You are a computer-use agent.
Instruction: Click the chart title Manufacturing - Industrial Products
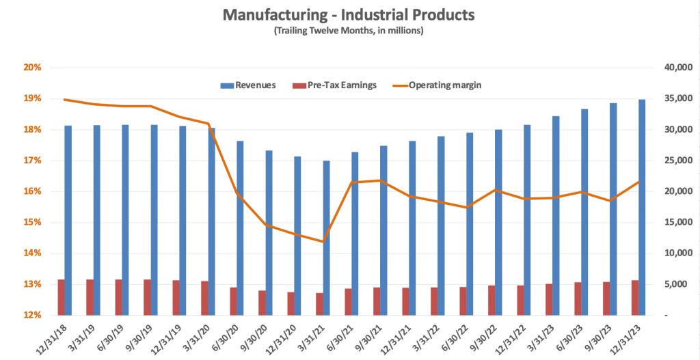point(349,14)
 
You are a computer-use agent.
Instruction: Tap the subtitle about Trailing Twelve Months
point(349,31)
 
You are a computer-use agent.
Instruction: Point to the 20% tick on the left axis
point(33,68)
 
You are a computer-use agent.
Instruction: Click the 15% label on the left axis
point(33,222)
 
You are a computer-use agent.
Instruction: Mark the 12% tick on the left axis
point(33,315)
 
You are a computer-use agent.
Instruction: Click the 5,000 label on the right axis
point(675,284)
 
